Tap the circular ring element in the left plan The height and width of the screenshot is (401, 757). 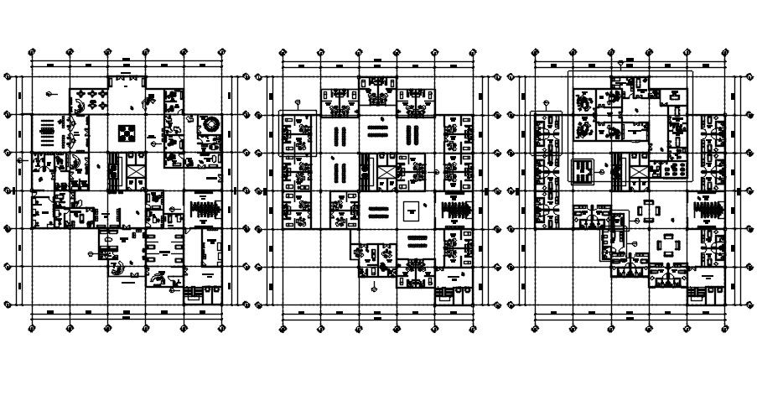tap(210, 124)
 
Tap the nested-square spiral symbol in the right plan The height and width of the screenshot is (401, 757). tap(581, 172)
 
